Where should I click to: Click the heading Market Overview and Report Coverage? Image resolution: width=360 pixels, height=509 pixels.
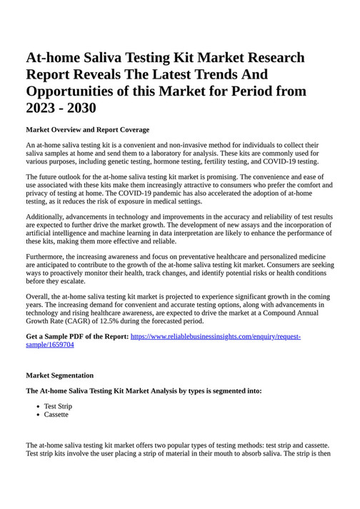(87, 129)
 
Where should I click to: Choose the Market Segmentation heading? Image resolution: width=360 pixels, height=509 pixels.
(59, 375)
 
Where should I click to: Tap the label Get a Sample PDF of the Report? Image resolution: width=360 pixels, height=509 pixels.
(77, 336)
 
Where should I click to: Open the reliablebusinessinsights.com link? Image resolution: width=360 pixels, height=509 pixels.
(215, 336)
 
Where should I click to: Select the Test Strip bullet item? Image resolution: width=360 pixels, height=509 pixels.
(58, 406)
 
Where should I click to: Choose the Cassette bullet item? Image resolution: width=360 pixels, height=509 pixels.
(56, 415)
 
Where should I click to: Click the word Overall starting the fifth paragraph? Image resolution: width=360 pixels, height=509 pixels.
(39, 296)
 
